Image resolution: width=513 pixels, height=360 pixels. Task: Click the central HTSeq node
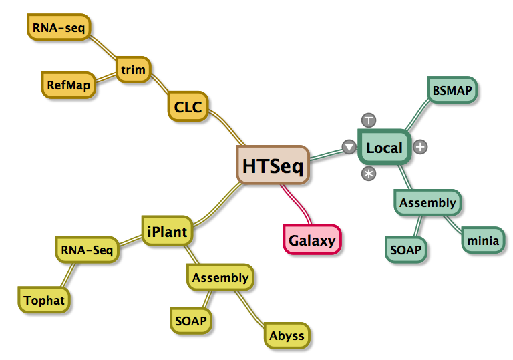(273, 165)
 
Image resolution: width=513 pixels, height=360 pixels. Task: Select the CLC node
(188, 106)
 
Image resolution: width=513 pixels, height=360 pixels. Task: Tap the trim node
(133, 69)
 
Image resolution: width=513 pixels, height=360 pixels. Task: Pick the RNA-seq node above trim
(59, 27)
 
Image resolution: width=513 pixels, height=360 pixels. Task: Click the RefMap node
(68, 85)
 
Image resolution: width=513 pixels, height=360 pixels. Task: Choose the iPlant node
(167, 231)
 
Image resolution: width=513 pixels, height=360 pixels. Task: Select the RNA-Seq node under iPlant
(87, 250)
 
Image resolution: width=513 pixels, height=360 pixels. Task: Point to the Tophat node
(44, 300)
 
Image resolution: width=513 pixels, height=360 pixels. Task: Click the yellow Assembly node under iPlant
(220, 278)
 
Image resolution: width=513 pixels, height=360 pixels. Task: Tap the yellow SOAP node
(191, 321)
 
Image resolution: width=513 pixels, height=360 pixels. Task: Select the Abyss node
(287, 335)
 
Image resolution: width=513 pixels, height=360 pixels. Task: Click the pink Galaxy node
(312, 240)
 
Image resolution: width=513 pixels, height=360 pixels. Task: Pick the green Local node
(384, 147)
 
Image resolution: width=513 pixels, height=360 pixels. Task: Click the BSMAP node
(452, 90)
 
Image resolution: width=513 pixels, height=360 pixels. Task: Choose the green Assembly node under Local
(427, 202)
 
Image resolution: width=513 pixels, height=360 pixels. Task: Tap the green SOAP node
(405, 250)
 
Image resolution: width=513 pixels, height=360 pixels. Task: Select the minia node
(483, 240)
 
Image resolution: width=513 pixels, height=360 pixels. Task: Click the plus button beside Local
(420, 147)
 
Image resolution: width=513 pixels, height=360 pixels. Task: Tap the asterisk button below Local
(369, 174)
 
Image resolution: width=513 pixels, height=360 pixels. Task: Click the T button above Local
(369, 120)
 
